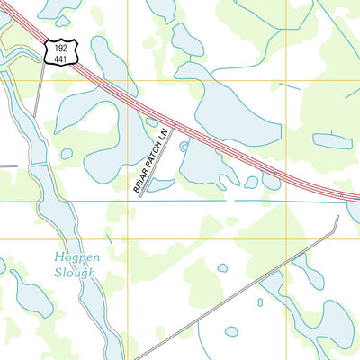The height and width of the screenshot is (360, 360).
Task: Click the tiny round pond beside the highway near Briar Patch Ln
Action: click(184, 146)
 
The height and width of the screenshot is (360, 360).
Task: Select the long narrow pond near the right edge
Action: click(332, 141)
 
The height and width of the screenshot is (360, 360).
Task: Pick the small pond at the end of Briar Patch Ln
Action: click(160, 185)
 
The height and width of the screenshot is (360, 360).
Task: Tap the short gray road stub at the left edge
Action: click(8, 166)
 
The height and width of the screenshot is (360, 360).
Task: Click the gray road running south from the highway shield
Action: click(39, 90)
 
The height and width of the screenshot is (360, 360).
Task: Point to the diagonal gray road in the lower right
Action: click(234, 288)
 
